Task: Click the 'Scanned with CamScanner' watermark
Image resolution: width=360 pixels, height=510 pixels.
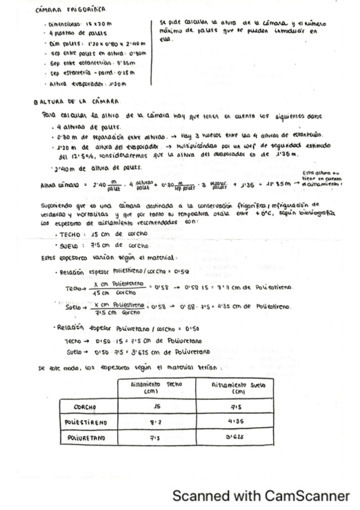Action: coord(260,496)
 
